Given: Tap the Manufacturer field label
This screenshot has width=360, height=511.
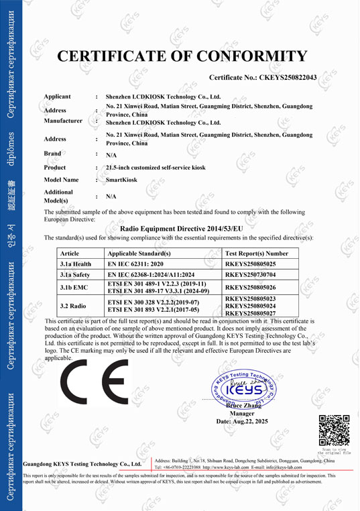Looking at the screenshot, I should coord(63,121).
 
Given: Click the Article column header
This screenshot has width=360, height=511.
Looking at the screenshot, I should coord(70,253).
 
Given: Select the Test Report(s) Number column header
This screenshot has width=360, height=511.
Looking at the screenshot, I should coord(256,253).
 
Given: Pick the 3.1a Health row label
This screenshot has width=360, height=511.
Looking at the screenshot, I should coord(76,264).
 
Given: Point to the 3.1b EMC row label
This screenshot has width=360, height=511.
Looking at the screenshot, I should coord(74,287).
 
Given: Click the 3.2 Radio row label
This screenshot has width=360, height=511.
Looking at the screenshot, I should coord(74,306).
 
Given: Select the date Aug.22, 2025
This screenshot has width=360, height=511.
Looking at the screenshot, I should coord(242,421).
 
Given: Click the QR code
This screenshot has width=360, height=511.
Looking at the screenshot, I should coord(333,431).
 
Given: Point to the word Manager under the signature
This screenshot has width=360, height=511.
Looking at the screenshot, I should coord(242,413).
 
